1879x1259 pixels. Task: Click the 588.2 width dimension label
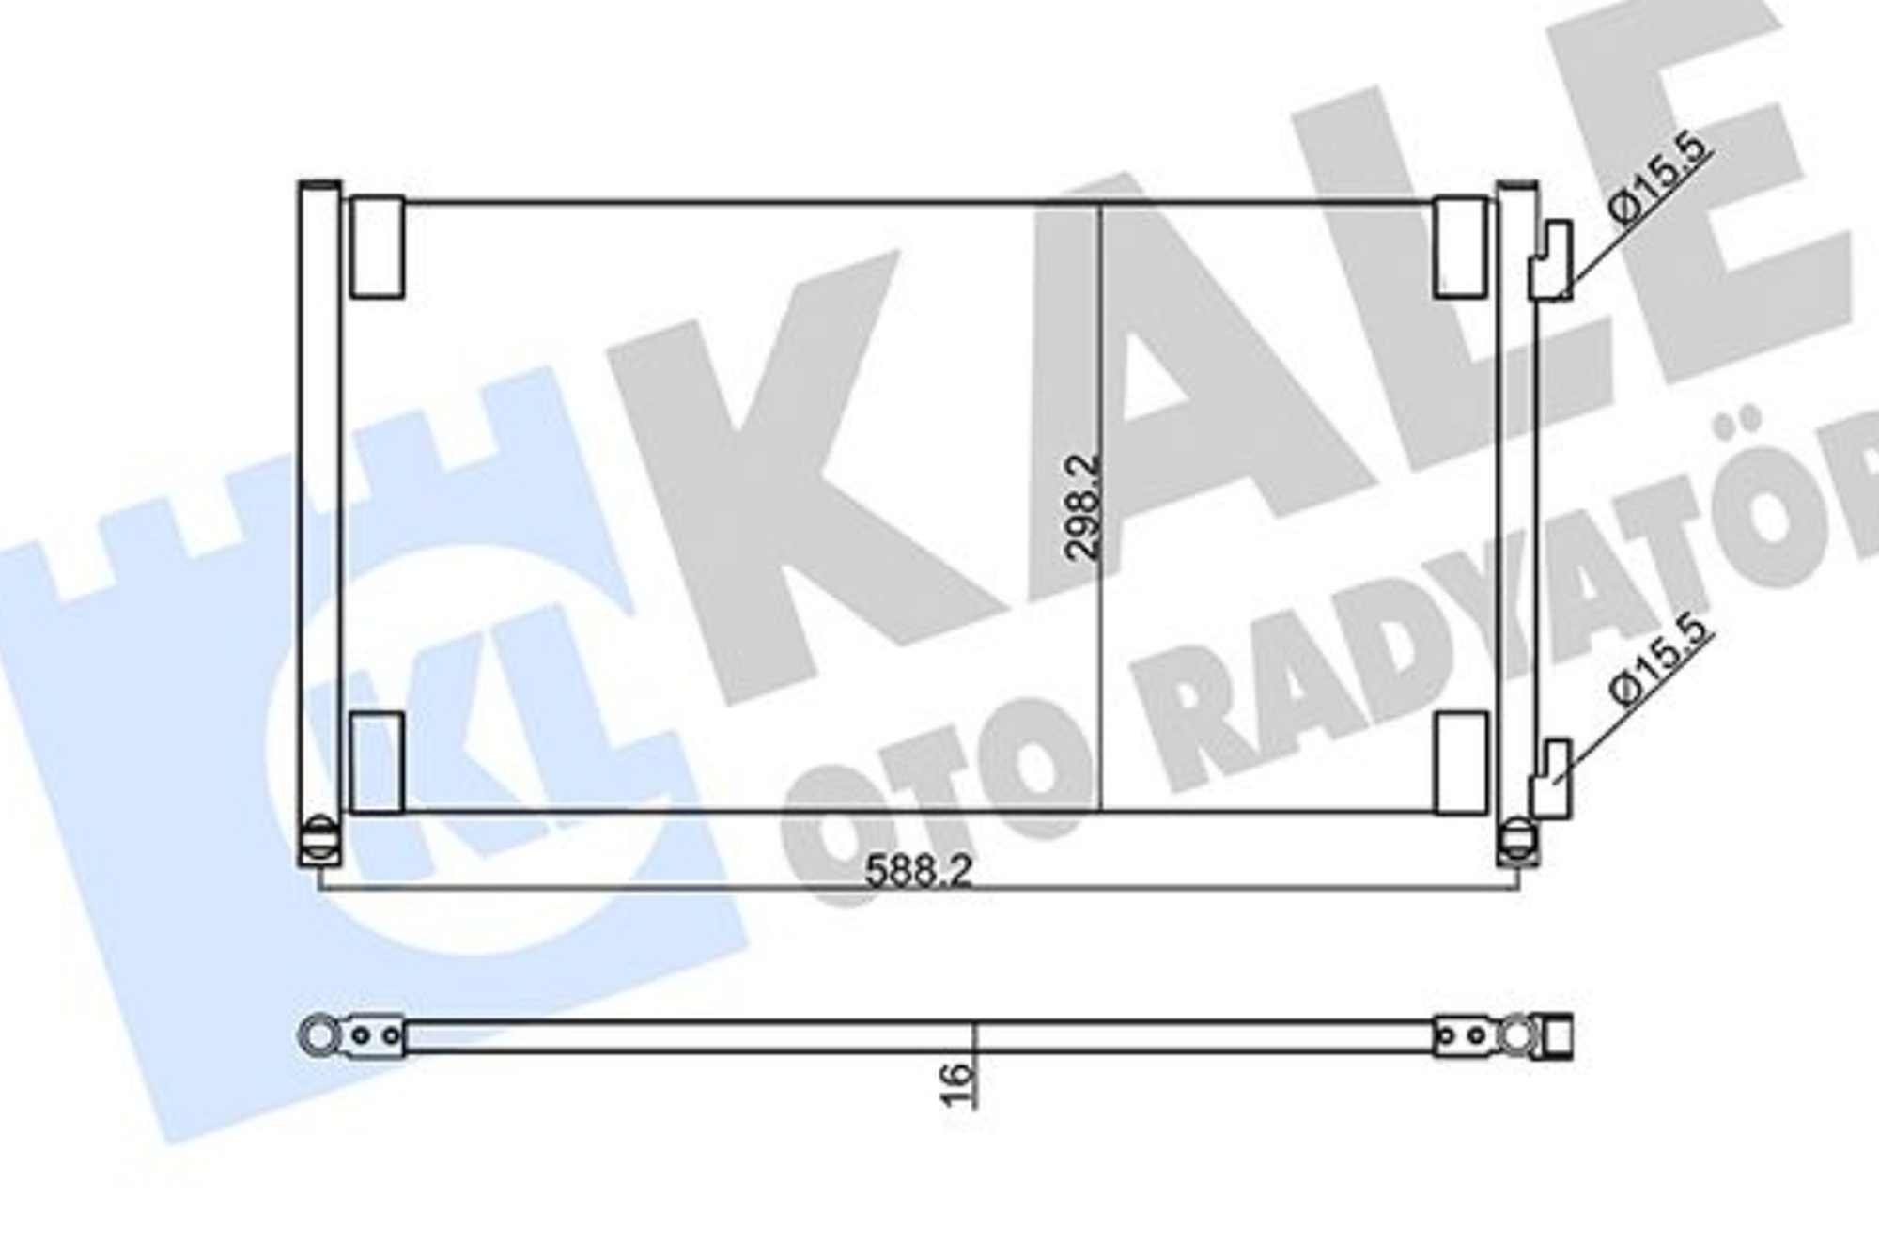click(917, 871)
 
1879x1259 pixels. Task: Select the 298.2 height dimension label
click(1083, 508)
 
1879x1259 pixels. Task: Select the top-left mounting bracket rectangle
click(377, 247)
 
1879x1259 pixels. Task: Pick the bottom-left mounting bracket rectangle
click(377, 762)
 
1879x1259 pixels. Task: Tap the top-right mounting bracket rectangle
click(1461, 247)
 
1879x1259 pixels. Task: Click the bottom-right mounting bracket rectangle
click(1461, 762)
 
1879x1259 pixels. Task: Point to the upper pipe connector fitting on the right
click(1550, 261)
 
